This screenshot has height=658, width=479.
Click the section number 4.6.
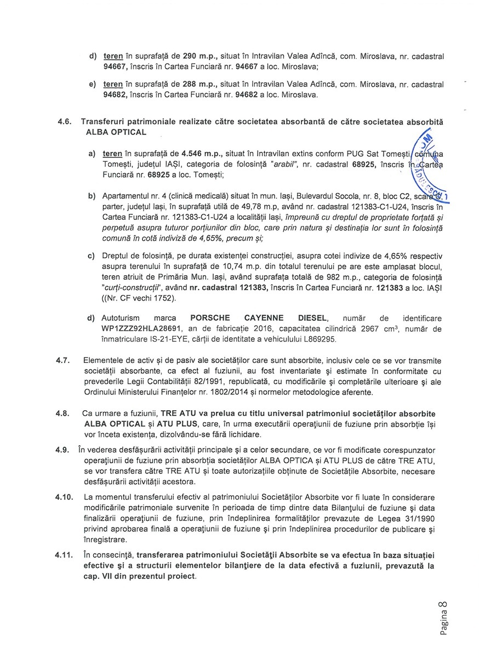66,121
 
